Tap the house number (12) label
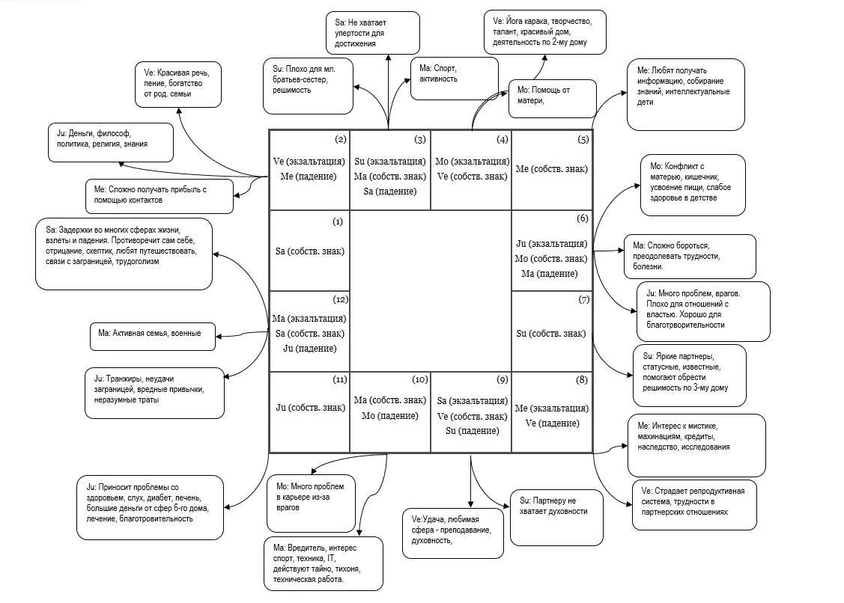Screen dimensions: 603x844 tap(341, 300)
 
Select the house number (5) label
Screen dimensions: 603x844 tap(583, 139)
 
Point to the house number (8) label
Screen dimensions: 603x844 tap(583, 380)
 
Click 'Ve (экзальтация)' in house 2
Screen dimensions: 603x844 tap(309, 160)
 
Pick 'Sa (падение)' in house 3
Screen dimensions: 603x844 tap(389, 192)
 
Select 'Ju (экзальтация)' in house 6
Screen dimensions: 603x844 tap(551, 243)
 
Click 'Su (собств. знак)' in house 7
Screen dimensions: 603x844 tap(551, 333)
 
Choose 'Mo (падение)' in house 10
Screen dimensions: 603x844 tap(389, 416)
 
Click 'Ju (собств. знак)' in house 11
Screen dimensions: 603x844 tap(309, 408)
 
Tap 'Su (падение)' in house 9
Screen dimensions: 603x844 tap(471, 431)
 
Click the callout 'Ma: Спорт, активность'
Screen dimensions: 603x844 tap(454, 77)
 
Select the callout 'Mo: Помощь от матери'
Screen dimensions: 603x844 tap(552, 97)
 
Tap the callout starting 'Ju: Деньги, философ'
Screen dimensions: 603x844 tap(109, 141)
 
